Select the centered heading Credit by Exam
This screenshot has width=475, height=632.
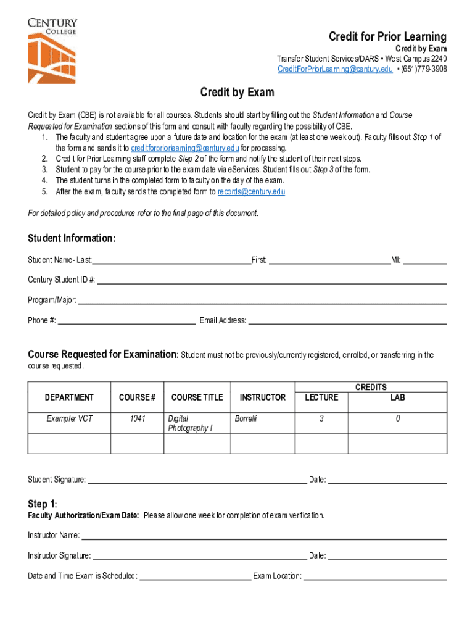[237, 93]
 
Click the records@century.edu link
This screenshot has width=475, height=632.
[251, 192]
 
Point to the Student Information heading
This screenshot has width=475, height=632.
[72, 239]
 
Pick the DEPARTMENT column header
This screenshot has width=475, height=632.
[69, 397]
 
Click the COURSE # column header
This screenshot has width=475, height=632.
[136, 397]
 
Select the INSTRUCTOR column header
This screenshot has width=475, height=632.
[262, 397]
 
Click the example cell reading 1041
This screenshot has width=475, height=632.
[136, 419]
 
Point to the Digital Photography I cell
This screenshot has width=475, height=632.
[190, 423]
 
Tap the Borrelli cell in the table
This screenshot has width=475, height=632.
[246, 419]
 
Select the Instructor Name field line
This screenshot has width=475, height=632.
[263, 536]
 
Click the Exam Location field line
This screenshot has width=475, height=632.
[375, 577]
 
